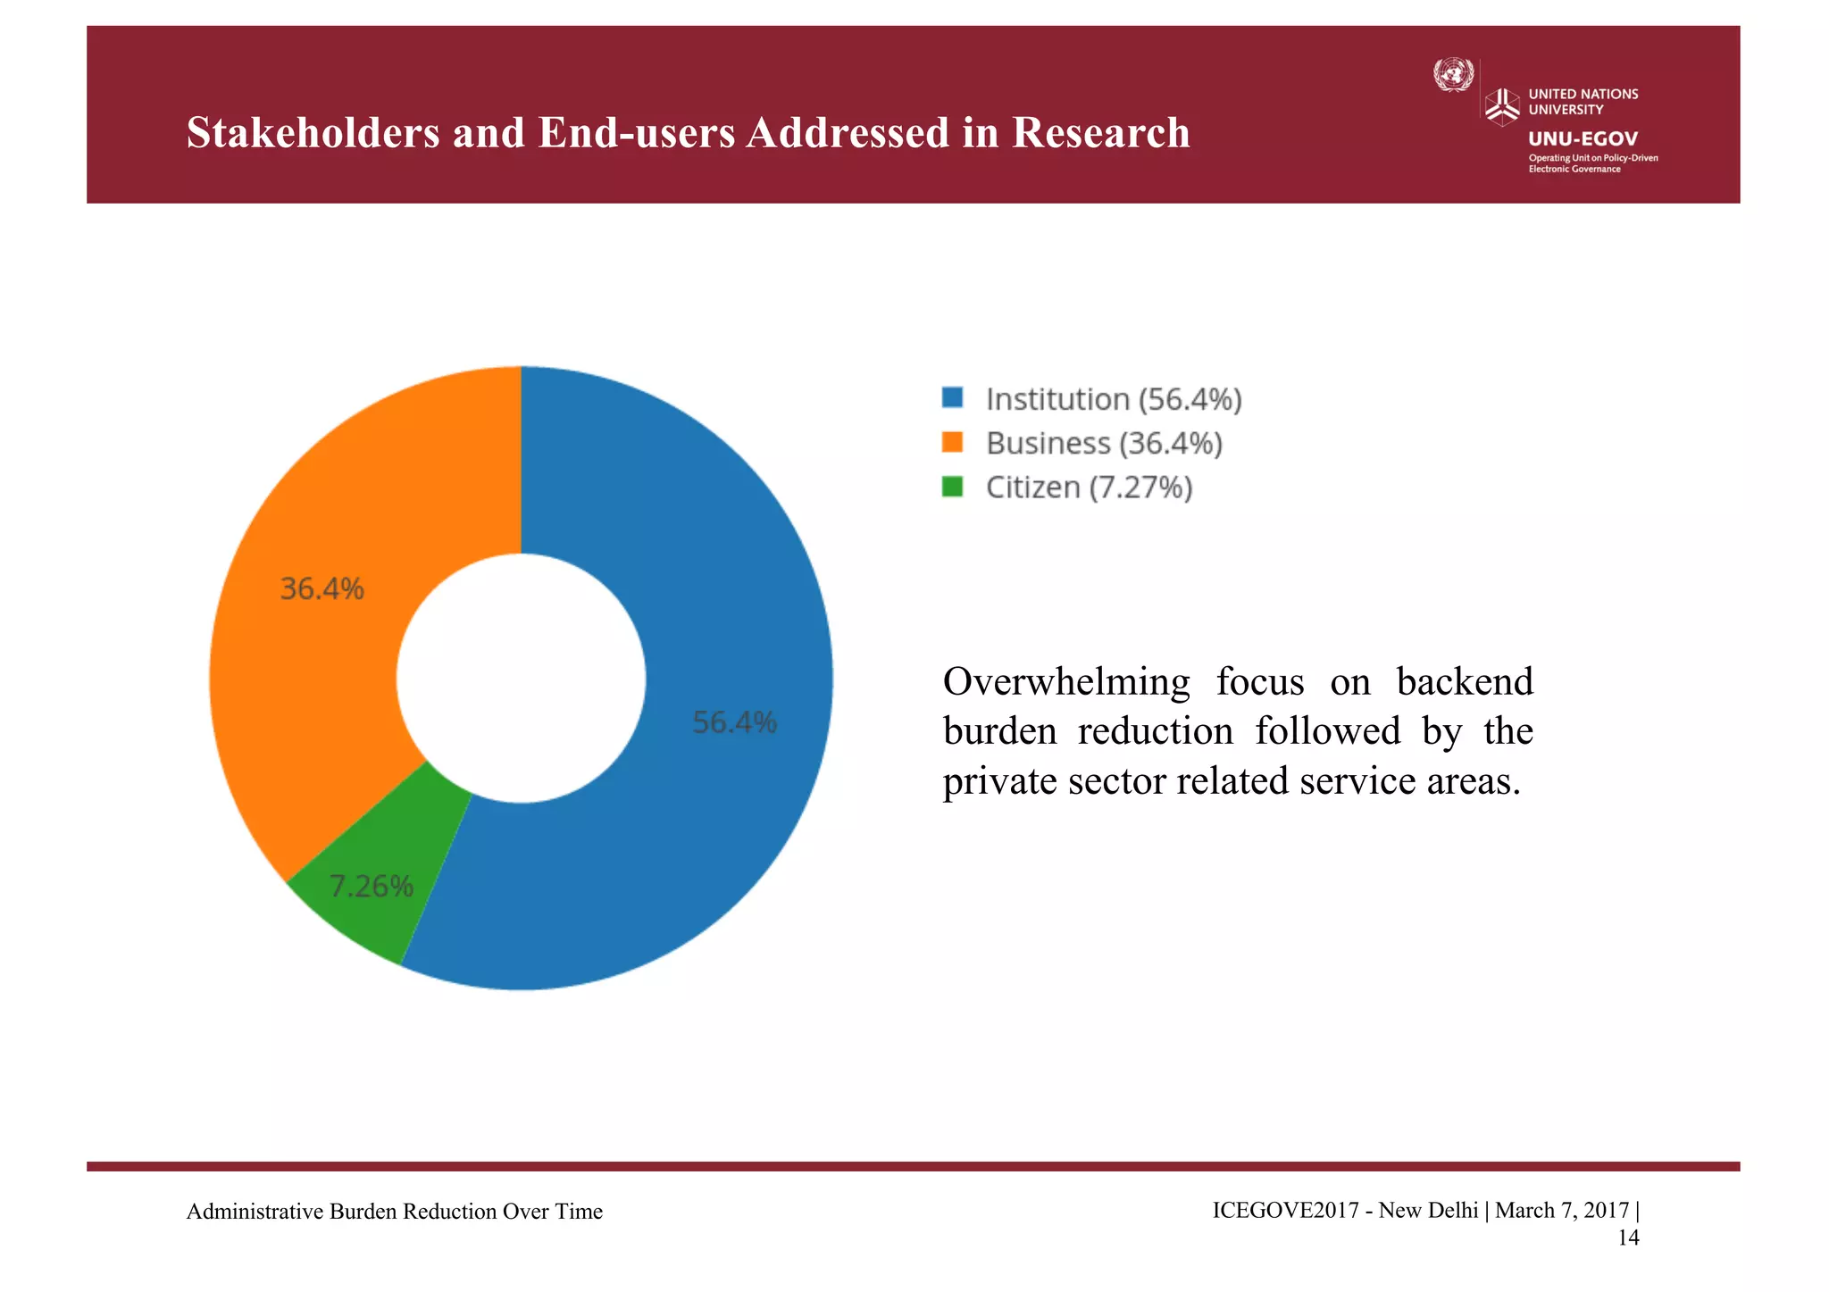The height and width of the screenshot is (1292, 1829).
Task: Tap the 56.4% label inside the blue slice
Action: click(x=734, y=722)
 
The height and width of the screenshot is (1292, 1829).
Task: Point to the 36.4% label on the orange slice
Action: click(x=322, y=589)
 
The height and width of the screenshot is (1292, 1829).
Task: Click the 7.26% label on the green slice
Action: click(x=371, y=887)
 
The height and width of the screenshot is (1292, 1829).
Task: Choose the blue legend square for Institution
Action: click(x=952, y=398)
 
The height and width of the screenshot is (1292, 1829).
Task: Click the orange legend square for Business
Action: click(x=952, y=442)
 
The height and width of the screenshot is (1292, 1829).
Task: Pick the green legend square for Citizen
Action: click(x=952, y=487)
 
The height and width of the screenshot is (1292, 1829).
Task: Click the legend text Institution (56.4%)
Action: click(x=1113, y=399)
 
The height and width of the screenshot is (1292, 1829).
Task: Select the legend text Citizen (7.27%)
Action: click(x=1089, y=488)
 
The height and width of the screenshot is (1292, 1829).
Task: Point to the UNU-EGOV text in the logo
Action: click(x=1583, y=138)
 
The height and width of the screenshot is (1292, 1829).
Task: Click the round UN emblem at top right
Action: click(x=1453, y=75)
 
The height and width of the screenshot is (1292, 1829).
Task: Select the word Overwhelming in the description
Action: click(x=1066, y=682)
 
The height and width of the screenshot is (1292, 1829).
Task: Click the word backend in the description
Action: click(x=1465, y=682)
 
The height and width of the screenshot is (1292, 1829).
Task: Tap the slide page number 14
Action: click(x=1628, y=1238)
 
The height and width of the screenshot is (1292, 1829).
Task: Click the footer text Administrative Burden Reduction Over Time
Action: click(x=394, y=1212)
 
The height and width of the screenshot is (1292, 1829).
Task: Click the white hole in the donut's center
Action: click(x=521, y=678)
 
